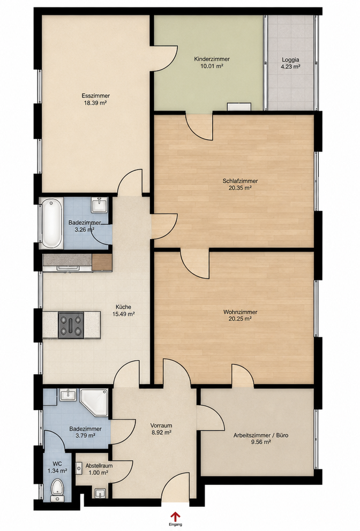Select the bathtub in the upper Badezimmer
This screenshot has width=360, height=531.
52,224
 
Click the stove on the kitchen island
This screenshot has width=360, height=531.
71,325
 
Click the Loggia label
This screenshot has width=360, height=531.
290,60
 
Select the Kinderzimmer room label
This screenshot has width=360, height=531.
212,59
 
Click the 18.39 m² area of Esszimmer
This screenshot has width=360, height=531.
95,103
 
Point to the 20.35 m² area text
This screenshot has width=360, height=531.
240,187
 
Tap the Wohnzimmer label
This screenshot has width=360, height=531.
240,312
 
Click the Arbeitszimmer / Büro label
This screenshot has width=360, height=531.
261,435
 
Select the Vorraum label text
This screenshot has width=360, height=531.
161,426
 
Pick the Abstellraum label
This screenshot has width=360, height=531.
99,466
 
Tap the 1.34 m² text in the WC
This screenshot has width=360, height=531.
57,471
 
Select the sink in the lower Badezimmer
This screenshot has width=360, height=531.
68,395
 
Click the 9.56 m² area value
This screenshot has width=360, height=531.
261,442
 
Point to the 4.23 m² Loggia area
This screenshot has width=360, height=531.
290,67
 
